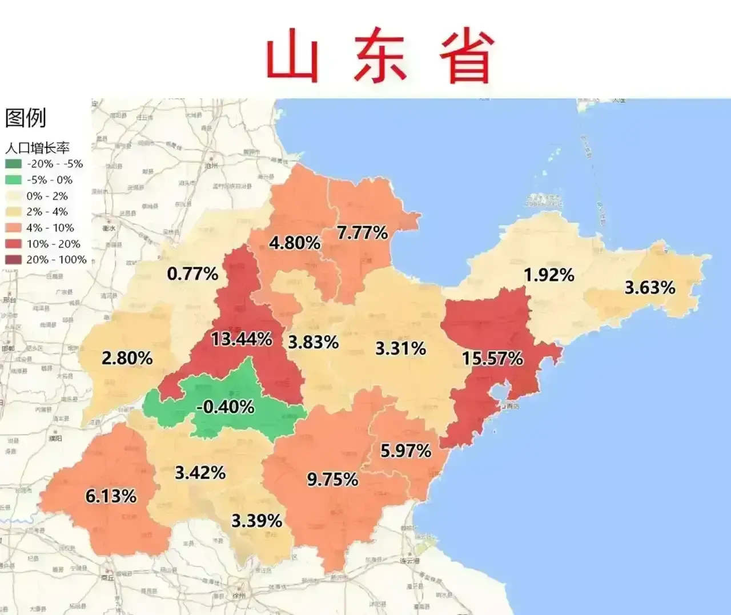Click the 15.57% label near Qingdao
click(x=492, y=359)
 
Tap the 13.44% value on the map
click(x=242, y=339)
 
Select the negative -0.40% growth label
click(x=225, y=407)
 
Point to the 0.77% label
click(x=192, y=274)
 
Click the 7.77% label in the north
click(x=362, y=233)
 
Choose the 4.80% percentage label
click(x=295, y=243)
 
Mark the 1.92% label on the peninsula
click(x=549, y=275)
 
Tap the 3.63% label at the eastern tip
click(x=650, y=287)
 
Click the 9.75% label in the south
click(x=332, y=480)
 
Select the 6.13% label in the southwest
click(x=111, y=496)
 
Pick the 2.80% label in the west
click(x=127, y=359)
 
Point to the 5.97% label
click(x=405, y=451)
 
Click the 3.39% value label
click(x=256, y=521)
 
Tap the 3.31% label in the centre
click(x=400, y=348)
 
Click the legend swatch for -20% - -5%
click(x=13, y=164)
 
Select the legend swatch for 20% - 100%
click(x=13, y=260)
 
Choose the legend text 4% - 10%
click(x=50, y=228)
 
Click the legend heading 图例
click(x=25, y=118)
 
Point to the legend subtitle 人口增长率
click(x=37, y=148)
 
